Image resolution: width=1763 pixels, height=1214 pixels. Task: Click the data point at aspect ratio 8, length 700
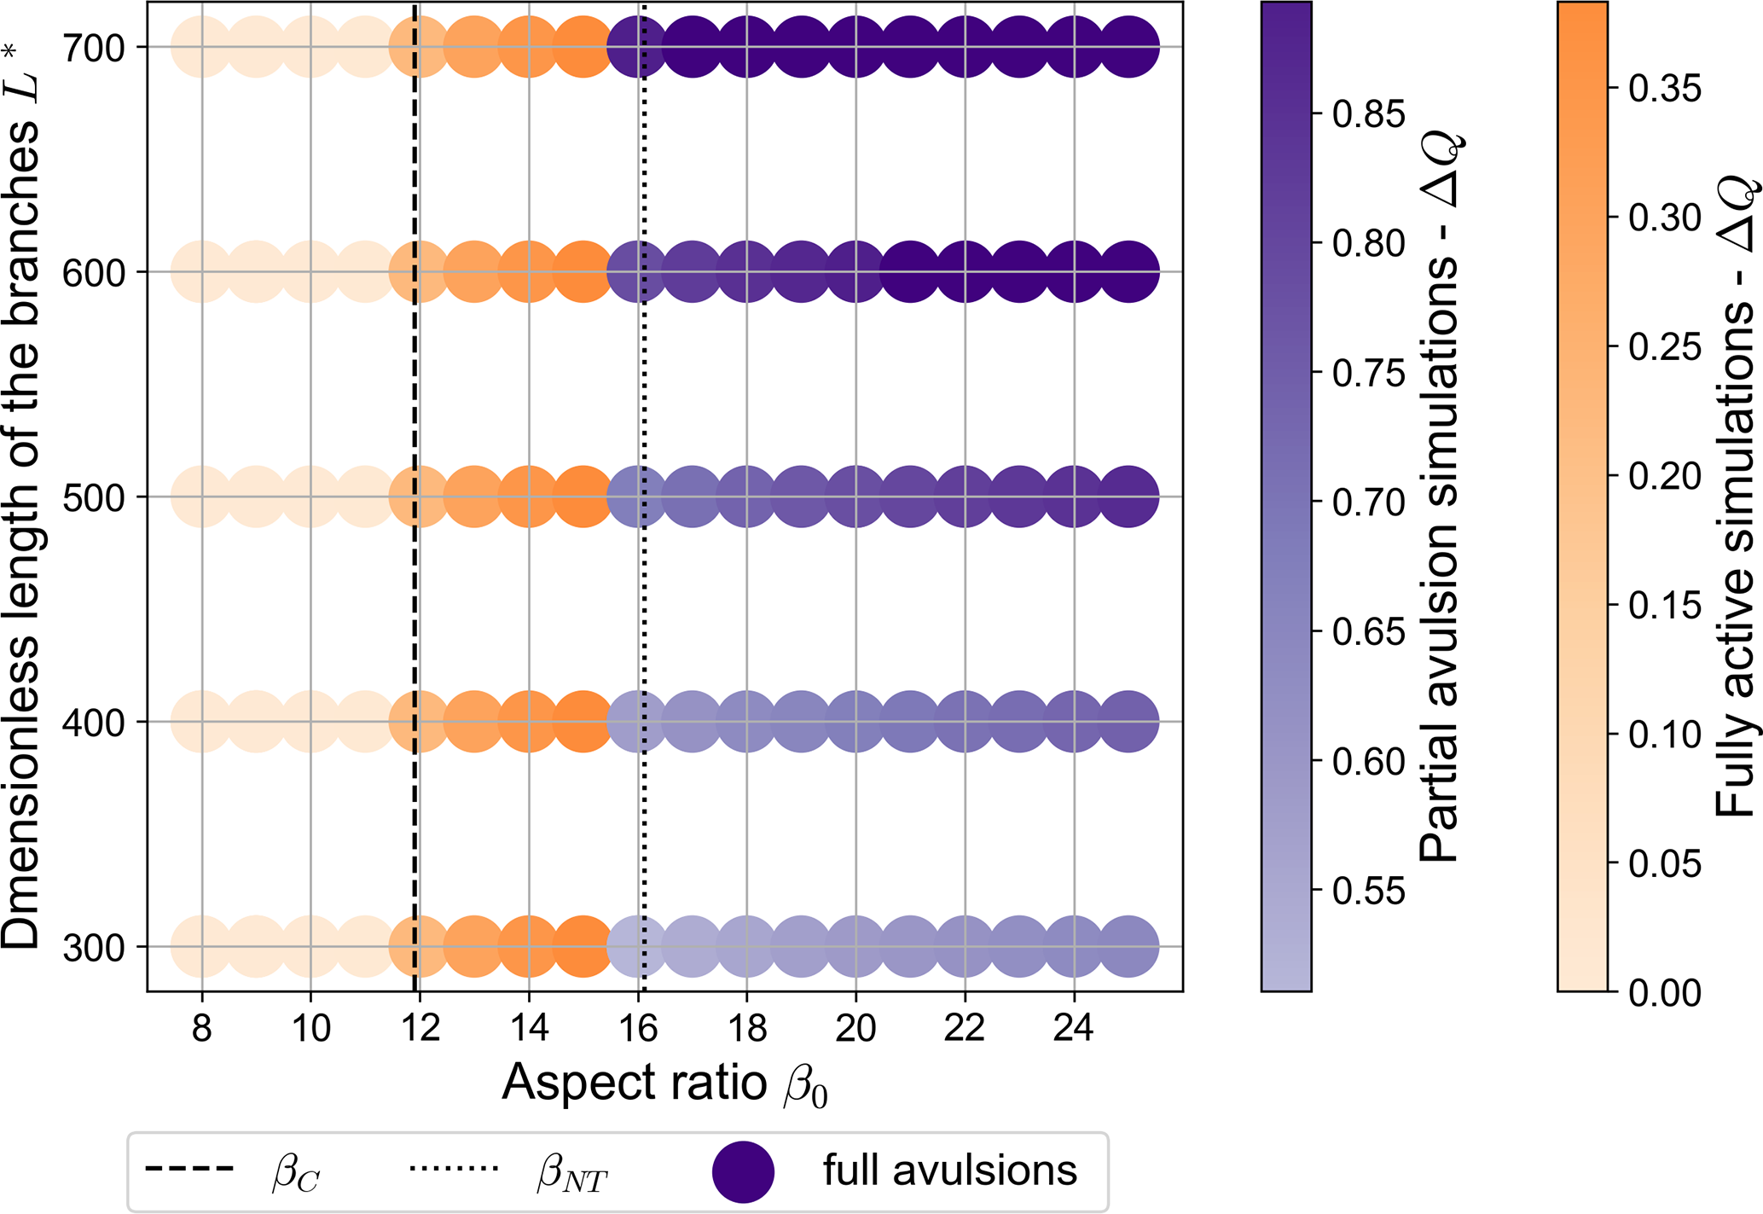(x=201, y=47)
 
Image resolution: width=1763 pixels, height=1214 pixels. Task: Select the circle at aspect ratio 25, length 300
(x=1128, y=946)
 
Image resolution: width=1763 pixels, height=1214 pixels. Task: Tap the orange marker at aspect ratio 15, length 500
(x=583, y=497)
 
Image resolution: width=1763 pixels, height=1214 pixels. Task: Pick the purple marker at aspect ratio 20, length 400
(x=855, y=722)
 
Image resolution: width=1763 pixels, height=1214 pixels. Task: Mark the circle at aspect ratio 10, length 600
(x=310, y=272)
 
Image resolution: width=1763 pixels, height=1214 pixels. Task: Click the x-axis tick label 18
(x=747, y=1029)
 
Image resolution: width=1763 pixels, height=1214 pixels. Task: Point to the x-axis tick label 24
(x=1073, y=1029)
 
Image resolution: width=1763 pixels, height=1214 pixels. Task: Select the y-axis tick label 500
(x=94, y=497)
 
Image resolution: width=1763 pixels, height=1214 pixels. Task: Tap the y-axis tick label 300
(x=94, y=947)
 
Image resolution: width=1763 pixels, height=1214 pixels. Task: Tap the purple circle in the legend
(x=743, y=1171)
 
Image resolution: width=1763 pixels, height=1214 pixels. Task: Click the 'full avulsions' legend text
(x=949, y=1170)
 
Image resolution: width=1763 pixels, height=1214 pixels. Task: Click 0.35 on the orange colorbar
(x=1664, y=88)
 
